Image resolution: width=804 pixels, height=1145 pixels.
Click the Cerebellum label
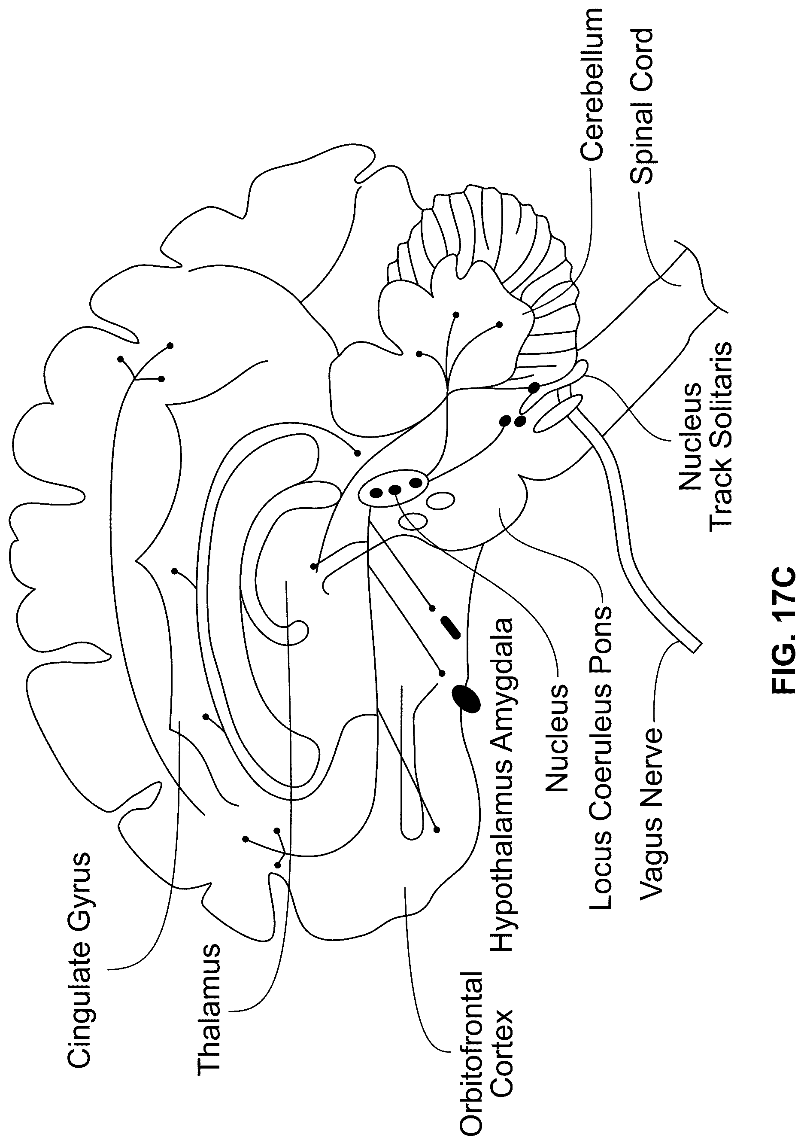pyautogui.click(x=592, y=85)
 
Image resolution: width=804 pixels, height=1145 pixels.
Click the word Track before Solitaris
pyautogui.click(x=720, y=496)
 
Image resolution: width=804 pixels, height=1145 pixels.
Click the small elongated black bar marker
pyautogui.click(x=450, y=627)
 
